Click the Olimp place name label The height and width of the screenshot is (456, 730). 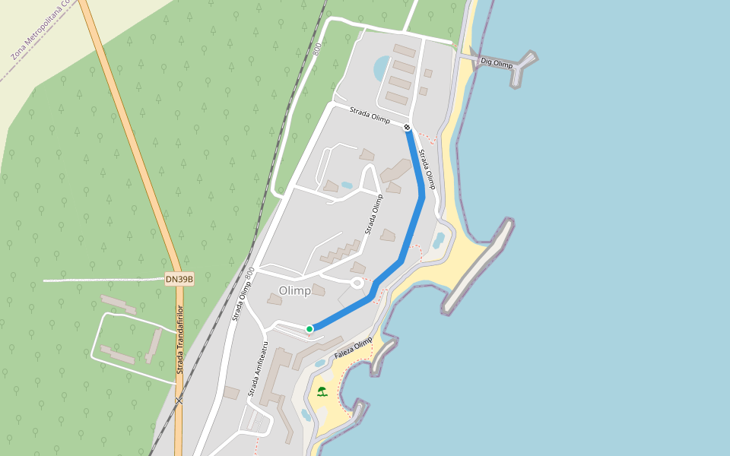pyautogui.click(x=294, y=291)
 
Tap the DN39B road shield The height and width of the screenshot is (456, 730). pyautogui.click(x=179, y=280)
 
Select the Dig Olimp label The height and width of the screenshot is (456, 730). pyautogui.click(x=497, y=64)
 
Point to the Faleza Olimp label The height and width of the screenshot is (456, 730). pyautogui.click(x=354, y=349)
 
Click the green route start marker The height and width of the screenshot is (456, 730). pyautogui.click(x=309, y=328)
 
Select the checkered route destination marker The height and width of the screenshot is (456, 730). pyautogui.click(x=408, y=127)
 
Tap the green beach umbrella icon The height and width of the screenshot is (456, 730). pyautogui.click(x=322, y=391)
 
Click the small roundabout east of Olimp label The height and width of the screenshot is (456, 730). pyautogui.click(x=356, y=283)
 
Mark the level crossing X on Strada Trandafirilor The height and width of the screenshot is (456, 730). pyautogui.click(x=179, y=400)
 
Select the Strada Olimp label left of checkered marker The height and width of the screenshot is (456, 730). pyautogui.click(x=370, y=116)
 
